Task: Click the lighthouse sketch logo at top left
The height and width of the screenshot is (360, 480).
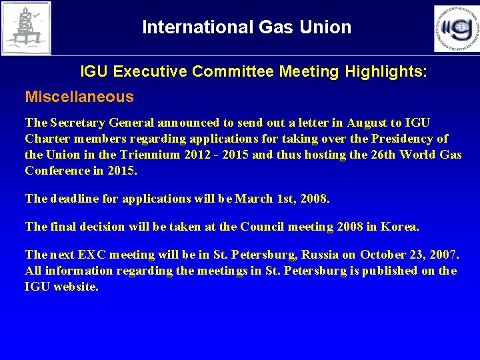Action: click(26, 28)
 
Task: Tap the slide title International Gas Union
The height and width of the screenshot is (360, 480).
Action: click(247, 27)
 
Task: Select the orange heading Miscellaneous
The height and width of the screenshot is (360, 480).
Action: click(79, 97)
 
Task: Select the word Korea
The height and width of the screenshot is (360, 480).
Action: click(400, 227)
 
